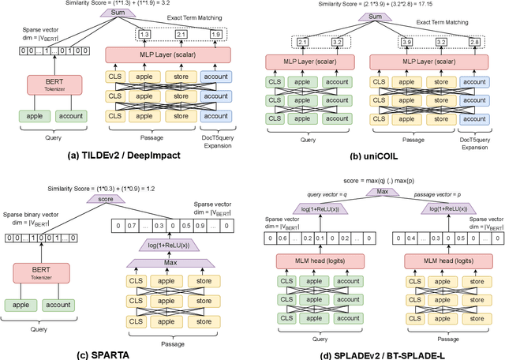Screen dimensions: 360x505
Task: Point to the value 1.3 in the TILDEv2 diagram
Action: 144,34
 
